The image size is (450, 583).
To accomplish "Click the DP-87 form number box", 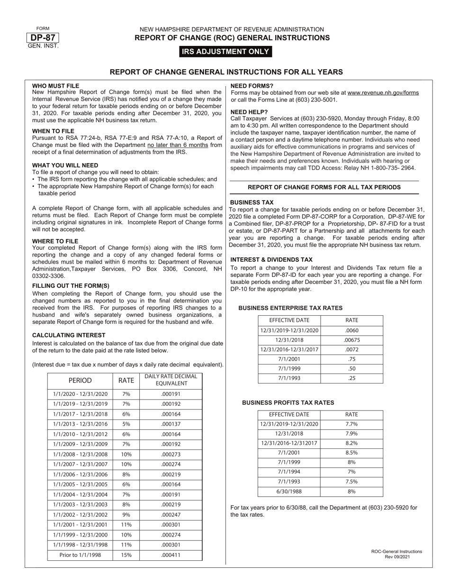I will click(x=43, y=38).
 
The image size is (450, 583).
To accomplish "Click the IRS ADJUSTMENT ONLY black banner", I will click(x=225, y=52).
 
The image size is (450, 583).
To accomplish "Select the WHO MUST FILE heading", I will click(x=56, y=86).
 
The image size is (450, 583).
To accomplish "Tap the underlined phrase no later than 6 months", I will click(x=178, y=145).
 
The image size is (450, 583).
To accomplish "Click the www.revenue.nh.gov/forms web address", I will click(x=383, y=93).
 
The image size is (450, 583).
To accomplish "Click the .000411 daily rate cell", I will click(x=171, y=555).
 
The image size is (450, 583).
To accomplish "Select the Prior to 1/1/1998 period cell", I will click(x=80, y=555).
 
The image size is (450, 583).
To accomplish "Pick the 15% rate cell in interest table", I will click(x=126, y=555).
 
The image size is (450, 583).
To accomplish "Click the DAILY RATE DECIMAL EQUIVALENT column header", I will click(x=171, y=380).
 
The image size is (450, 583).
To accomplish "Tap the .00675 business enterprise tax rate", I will click(x=351, y=340).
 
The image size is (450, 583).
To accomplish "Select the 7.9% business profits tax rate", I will click(x=351, y=434).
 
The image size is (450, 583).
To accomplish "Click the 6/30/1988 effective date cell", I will click(x=289, y=492).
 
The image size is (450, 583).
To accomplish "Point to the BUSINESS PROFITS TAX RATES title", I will click(x=288, y=402).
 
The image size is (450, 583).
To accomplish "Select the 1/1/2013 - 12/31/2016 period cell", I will click(x=80, y=424).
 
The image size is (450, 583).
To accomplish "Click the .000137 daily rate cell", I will click(x=171, y=424).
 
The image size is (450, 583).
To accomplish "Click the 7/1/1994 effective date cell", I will click(x=289, y=472).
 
